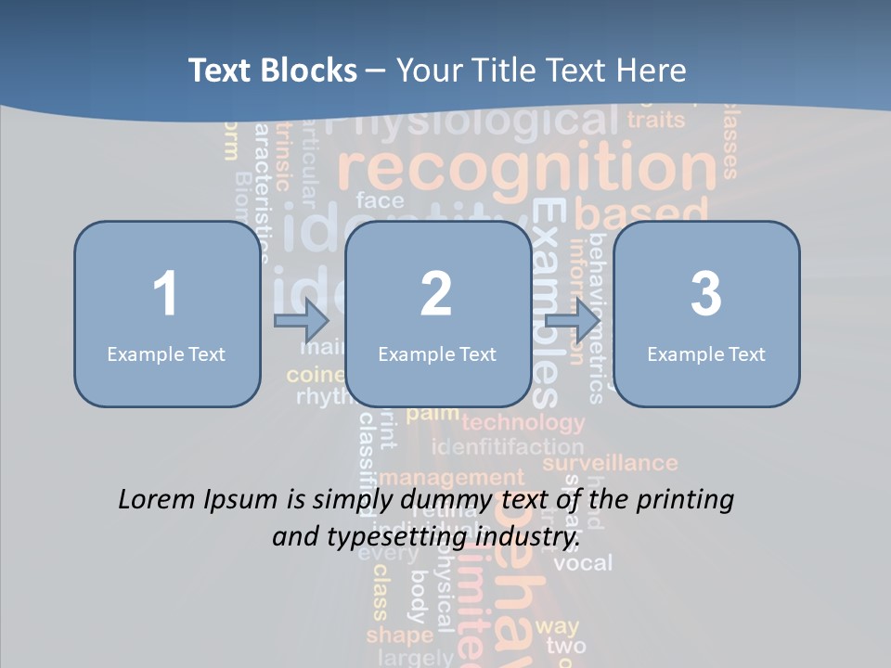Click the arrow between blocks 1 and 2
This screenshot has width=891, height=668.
point(302,322)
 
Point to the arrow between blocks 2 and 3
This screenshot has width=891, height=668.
point(572,322)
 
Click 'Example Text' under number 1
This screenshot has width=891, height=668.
point(166,353)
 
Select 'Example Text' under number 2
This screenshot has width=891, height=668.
point(437,353)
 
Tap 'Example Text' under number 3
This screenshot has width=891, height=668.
point(706,353)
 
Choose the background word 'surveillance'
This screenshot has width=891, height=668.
point(610,463)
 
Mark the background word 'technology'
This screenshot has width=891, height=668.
point(523,424)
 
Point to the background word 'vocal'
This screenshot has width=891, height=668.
point(583,562)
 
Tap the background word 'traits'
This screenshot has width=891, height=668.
point(655,120)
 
